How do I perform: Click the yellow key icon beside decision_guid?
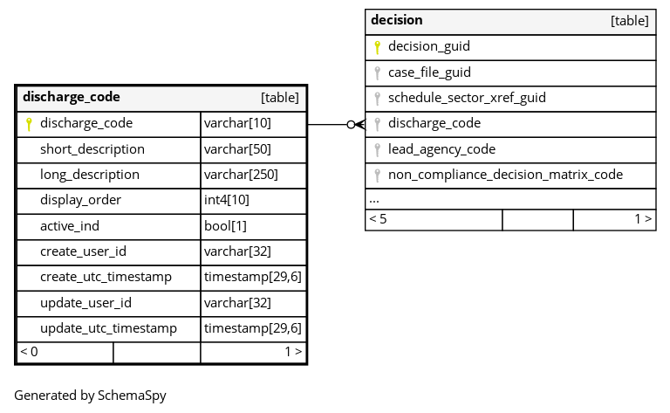pyautogui.click(x=377, y=47)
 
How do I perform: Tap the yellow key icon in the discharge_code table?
pyautogui.click(x=29, y=124)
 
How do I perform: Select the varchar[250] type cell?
pyautogui.click(x=241, y=175)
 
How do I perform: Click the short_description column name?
pyautogui.click(x=92, y=149)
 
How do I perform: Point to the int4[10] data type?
pyautogui.click(x=227, y=200)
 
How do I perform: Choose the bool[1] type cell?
pyautogui.click(x=225, y=226)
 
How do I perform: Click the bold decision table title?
pyautogui.click(x=397, y=20)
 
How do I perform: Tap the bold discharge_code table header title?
pyautogui.click(x=72, y=97)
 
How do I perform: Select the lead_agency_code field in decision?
pyautogui.click(x=441, y=149)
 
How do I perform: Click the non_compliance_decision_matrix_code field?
pyautogui.click(x=505, y=175)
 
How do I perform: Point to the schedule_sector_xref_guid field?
pyautogui.click(x=467, y=98)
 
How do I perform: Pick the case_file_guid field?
pyautogui.click(x=429, y=72)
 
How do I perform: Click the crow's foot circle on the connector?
pyautogui.click(x=352, y=124)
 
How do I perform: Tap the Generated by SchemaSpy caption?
pyautogui.click(x=90, y=396)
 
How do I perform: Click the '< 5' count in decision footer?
pyautogui.click(x=378, y=219)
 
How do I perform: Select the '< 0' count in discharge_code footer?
pyautogui.click(x=29, y=352)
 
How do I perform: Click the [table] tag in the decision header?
pyautogui.click(x=629, y=21)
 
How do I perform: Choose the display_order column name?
pyautogui.click(x=81, y=200)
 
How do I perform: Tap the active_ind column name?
pyautogui.click(x=70, y=226)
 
